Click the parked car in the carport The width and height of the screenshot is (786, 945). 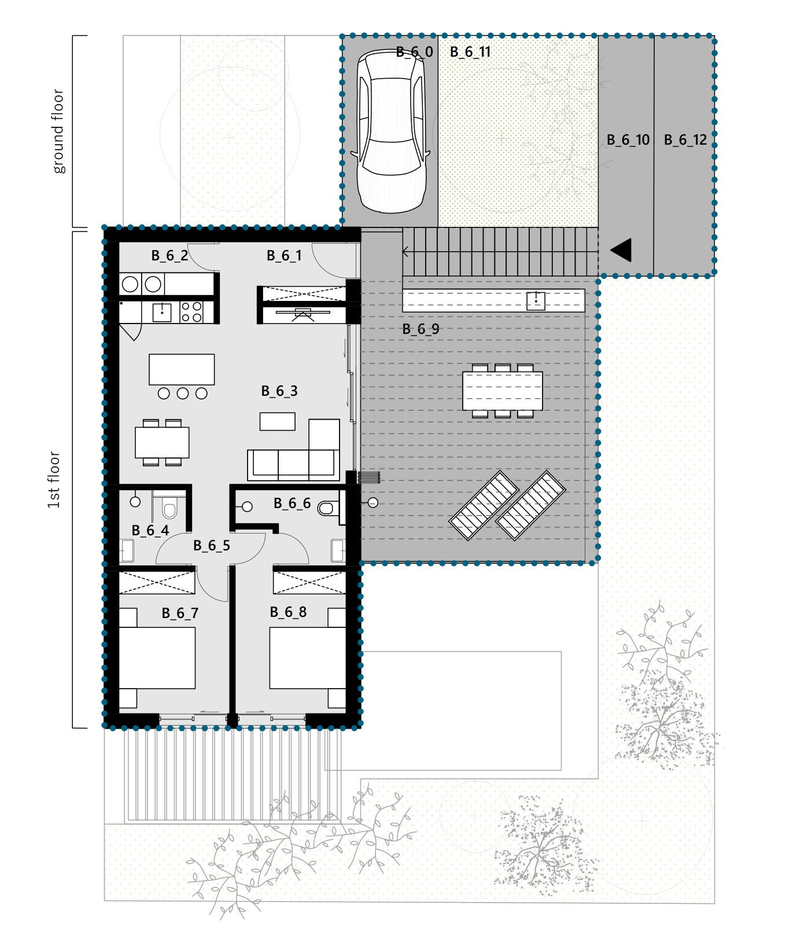pyautogui.click(x=392, y=131)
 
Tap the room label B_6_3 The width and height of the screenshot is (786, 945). pyautogui.click(x=279, y=391)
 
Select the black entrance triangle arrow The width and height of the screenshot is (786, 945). pyautogui.click(x=621, y=250)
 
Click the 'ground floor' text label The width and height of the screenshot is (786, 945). pyautogui.click(x=58, y=131)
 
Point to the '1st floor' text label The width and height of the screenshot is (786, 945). pyautogui.click(x=53, y=480)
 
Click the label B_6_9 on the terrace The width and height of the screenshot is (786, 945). pyautogui.click(x=420, y=329)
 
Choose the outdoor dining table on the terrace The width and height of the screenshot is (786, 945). pyautogui.click(x=503, y=391)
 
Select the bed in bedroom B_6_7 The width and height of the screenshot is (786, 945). pyautogui.click(x=157, y=658)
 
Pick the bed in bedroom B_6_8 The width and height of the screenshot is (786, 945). pyautogui.click(x=308, y=658)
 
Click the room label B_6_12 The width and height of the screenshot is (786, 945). pyautogui.click(x=685, y=140)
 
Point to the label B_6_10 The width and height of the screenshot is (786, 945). pyautogui.click(x=628, y=140)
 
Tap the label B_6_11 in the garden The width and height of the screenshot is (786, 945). pyautogui.click(x=470, y=52)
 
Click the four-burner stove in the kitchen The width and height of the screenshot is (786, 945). pyautogui.click(x=191, y=312)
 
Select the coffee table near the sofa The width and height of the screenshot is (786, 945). pyautogui.click(x=278, y=421)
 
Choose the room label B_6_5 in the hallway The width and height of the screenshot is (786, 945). pyautogui.click(x=212, y=546)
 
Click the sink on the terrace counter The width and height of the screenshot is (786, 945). pyautogui.click(x=536, y=301)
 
